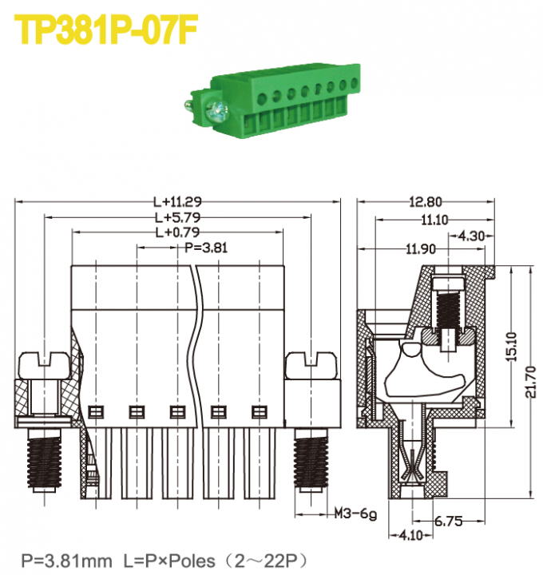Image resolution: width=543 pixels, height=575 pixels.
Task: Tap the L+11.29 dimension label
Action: coord(177,202)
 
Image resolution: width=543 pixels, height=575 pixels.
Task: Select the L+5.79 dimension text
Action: coord(177,217)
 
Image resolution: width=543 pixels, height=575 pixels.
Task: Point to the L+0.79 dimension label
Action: coord(177,232)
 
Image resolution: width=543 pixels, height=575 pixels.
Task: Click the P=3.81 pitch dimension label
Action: coord(206,248)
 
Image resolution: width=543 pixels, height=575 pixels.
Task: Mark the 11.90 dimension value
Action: coord(420,249)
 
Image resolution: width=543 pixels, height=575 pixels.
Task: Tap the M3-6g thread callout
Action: coord(355,514)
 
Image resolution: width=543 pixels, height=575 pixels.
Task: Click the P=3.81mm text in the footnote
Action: coord(66,560)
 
